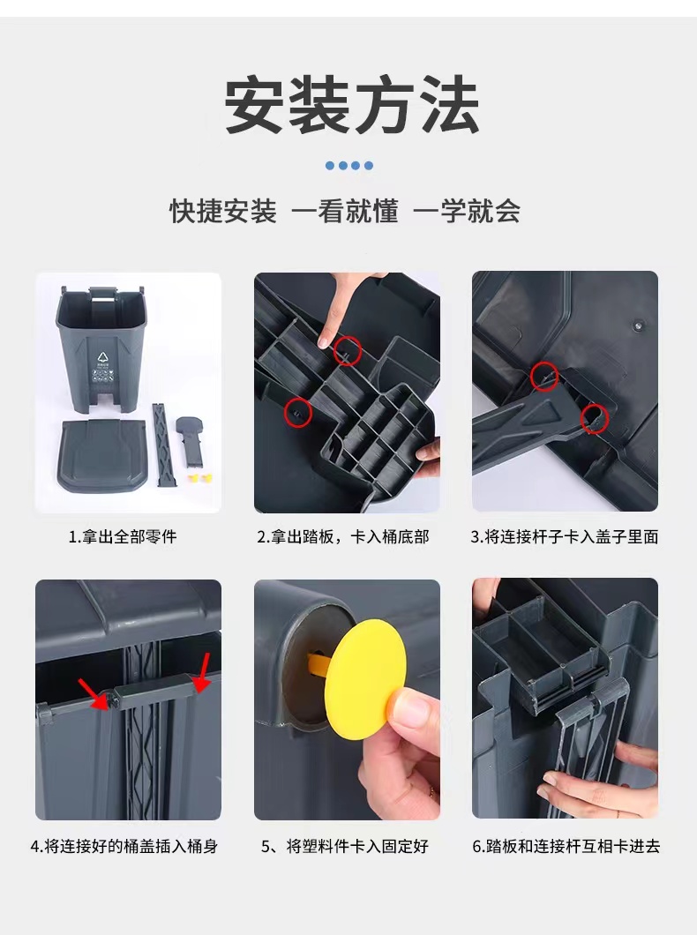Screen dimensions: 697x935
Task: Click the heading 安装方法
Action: point(352,105)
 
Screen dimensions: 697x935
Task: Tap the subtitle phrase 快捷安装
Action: point(223,211)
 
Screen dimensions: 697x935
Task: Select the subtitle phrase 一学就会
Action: point(467,211)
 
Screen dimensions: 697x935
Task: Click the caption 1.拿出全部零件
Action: point(123,536)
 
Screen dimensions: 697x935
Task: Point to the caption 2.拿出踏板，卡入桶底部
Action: point(343,536)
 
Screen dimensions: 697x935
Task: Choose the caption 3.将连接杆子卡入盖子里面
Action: point(565,536)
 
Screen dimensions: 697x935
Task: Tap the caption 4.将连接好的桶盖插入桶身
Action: point(124,846)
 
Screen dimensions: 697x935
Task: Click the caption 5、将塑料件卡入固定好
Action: point(345,846)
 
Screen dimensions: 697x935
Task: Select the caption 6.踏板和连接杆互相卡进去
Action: point(566,846)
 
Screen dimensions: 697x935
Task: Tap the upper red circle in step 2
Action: point(348,350)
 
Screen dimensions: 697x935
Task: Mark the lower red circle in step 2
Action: point(297,412)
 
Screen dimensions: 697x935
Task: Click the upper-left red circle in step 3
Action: point(544,377)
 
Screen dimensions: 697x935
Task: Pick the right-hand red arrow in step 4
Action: point(201,672)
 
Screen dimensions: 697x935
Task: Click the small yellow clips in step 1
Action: point(199,477)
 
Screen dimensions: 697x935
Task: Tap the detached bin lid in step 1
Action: point(101,453)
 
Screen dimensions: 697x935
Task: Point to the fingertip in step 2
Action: point(325,340)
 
